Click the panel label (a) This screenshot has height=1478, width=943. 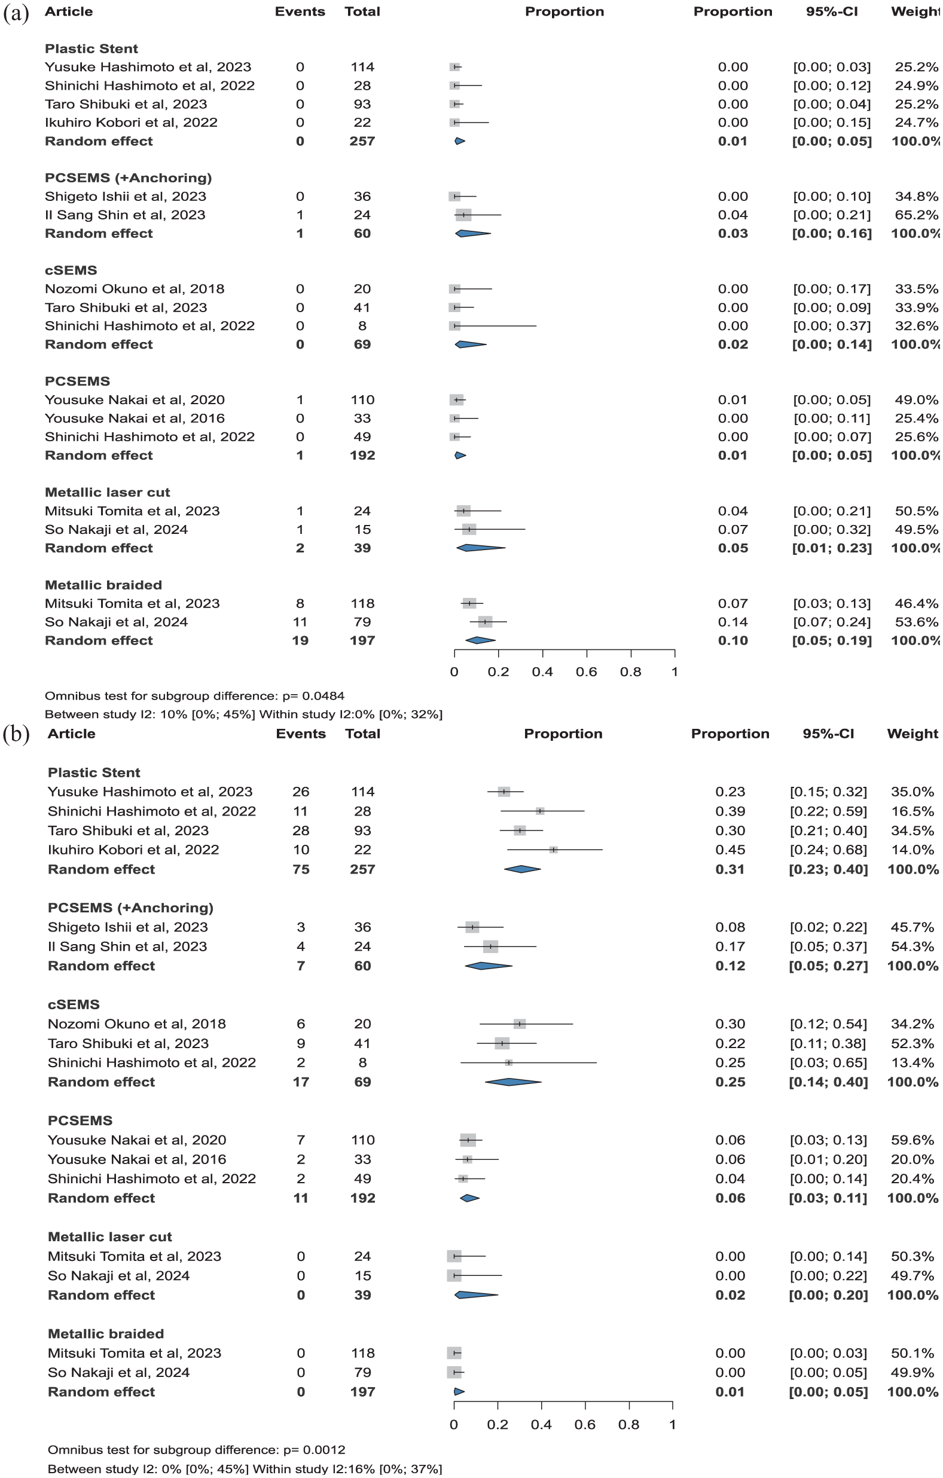click(16, 13)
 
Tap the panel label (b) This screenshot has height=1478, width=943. click(16, 735)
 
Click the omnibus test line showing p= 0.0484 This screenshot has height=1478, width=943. click(194, 696)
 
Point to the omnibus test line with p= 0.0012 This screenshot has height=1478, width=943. click(196, 1450)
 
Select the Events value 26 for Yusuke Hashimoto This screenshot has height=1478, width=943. click(300, 792)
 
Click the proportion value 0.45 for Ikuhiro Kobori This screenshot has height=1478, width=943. click(730, 850)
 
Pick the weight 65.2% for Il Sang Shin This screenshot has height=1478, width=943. click(916, 215)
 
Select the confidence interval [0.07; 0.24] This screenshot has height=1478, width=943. click(831, 622)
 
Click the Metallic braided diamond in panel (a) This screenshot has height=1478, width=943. click(480, 640)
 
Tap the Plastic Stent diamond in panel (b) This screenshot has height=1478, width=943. click(522, 869)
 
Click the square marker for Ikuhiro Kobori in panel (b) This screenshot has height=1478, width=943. click(553, 850)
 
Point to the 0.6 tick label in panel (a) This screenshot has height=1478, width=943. click(585, 672)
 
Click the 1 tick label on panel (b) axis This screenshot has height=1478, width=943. click(673, 1425)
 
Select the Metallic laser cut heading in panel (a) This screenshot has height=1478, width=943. click(107, 492)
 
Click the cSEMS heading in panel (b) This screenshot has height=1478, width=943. click(73, 1005)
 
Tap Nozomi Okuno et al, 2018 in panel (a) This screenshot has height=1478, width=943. click(135, 289)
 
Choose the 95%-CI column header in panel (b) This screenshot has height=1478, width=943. click(828, 734)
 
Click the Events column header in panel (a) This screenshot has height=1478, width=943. click(300, 12)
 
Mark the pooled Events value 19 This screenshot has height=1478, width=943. click(300, 640)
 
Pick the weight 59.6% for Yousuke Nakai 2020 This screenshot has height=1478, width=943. click(913, 1140)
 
